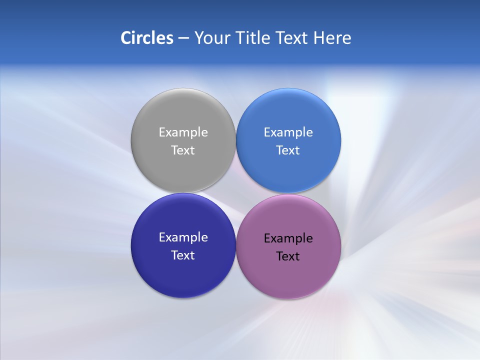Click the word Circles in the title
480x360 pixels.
[x=147, y=37]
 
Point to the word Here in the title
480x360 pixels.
[x=332, y=37]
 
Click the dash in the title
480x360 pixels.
[x=183, y=38]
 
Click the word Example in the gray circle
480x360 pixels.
[x=183, y=132]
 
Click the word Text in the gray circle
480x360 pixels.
[x=183, y=150]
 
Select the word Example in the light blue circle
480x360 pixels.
[x=288, y=132]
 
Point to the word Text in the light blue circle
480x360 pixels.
[x=288, y=150]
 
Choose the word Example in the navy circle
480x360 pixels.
[x=183, y=237]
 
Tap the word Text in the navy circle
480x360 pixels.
[x=183, y=255]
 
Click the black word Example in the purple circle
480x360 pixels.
[x=288, y=238]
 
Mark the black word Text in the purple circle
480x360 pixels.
[x=288, y=256]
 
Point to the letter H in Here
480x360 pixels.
[x=319, y=37]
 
